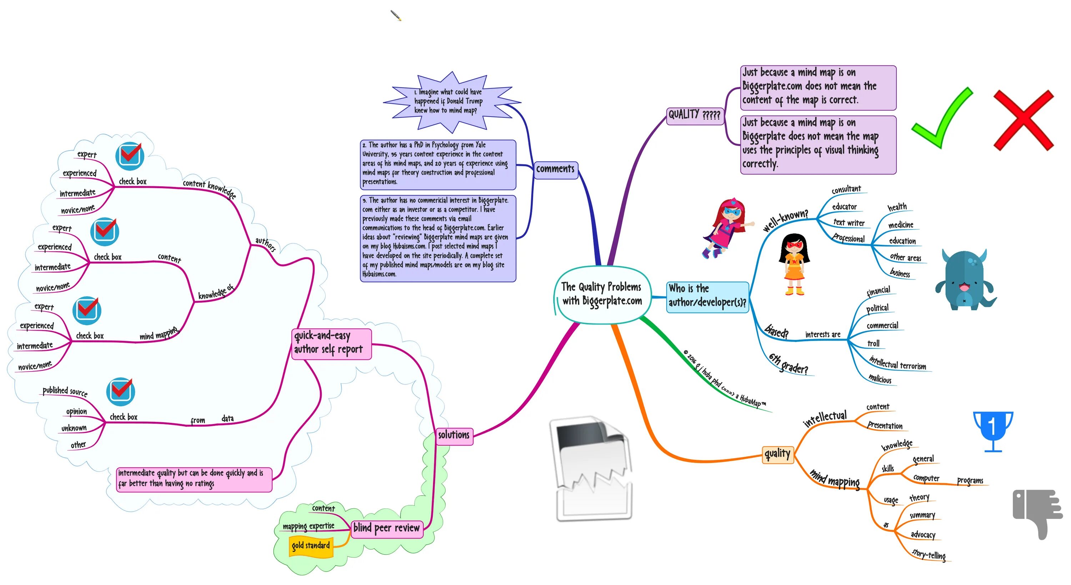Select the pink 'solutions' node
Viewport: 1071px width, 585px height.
point(454,435)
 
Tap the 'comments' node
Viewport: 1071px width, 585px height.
point(555,169)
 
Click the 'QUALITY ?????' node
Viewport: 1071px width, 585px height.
point(694,115)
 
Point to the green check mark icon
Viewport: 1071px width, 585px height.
point(942,118)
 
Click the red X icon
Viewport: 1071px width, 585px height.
point(1023,120)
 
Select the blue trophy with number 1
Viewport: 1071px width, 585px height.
point(993,430)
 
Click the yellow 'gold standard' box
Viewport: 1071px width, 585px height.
point(311,545)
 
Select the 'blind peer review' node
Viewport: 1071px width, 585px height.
point(386,529)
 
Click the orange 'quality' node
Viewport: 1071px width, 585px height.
point(777,454)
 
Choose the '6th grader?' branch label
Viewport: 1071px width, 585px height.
point(788,364)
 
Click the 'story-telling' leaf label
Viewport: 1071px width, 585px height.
point(929,554)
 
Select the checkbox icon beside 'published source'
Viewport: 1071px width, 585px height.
point(120,391)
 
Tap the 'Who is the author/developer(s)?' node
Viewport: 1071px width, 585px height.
point(707,296)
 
